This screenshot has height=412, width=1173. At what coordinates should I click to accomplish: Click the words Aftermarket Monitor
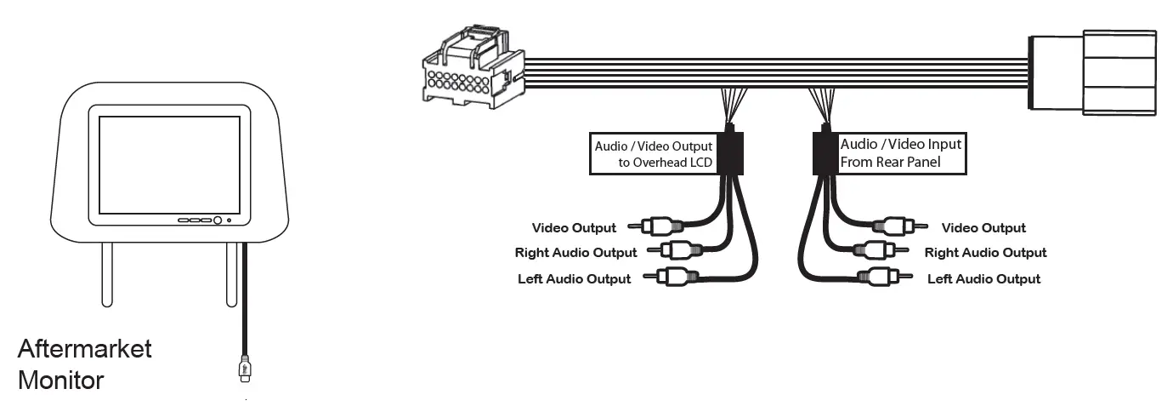click(84, 363)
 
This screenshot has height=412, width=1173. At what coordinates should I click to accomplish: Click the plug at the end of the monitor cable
click(246, 367)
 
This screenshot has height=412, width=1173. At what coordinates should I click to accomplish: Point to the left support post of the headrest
click(107, 273)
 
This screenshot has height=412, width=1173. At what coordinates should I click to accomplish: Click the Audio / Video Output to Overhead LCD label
click(653, 154)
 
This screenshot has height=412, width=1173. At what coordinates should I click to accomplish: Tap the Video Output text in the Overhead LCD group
click(574, 228)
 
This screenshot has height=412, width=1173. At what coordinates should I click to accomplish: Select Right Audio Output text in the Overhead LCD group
click(575, 253)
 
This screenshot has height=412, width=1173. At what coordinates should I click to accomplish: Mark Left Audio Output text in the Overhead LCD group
click(574, 279)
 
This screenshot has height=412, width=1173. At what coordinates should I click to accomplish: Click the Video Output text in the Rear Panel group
click(983, 228)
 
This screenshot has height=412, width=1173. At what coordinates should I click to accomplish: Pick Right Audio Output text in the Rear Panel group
click(985, 253)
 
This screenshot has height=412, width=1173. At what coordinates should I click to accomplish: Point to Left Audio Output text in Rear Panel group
click(983, 279)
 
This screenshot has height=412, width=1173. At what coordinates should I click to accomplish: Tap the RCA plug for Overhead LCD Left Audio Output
click(673, 277)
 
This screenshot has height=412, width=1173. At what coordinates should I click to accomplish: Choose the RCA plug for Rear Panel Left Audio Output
click(884, 277)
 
